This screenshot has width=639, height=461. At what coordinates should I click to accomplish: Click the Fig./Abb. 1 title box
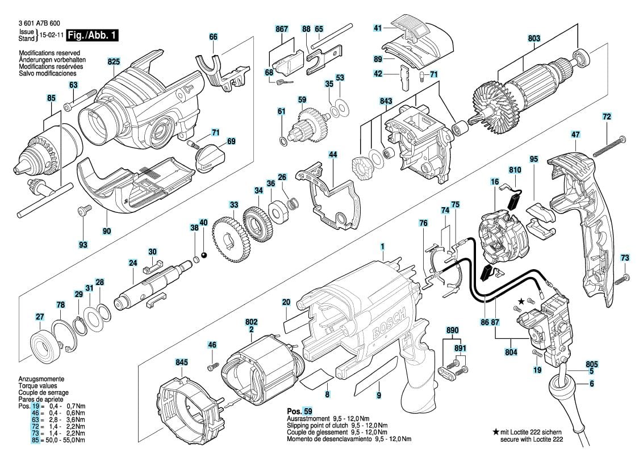click(x=92, y=35)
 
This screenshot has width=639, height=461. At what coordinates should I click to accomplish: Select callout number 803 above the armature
click(x=534, y=39)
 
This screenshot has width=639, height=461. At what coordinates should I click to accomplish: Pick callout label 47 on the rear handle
click(x=575, y=135)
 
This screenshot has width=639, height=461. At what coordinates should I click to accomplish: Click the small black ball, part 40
click(x=203, y=255)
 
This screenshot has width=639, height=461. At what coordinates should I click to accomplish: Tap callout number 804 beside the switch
click(x=511, y=352)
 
